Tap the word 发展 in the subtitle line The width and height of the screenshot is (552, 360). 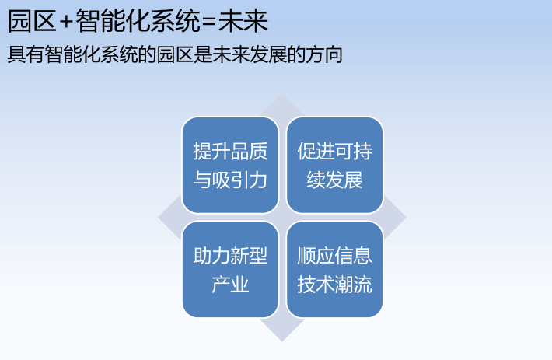(x=267, y=55)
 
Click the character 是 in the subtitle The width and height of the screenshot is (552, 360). (x=201, y=55)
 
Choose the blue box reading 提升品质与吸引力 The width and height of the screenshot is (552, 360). (x=230, y=165)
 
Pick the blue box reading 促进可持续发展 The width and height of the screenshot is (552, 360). (x=334, y=165)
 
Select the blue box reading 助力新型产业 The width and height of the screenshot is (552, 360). (x=230, y=269)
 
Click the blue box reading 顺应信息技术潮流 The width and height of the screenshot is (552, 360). (x=334, y=269)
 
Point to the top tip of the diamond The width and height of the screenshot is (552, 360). (x=282, y=95)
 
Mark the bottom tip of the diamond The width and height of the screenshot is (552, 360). (x=282, y=340)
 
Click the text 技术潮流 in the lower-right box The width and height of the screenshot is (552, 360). (x=334, y=285)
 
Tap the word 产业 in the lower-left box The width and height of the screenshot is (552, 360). (x=230, y=285)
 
